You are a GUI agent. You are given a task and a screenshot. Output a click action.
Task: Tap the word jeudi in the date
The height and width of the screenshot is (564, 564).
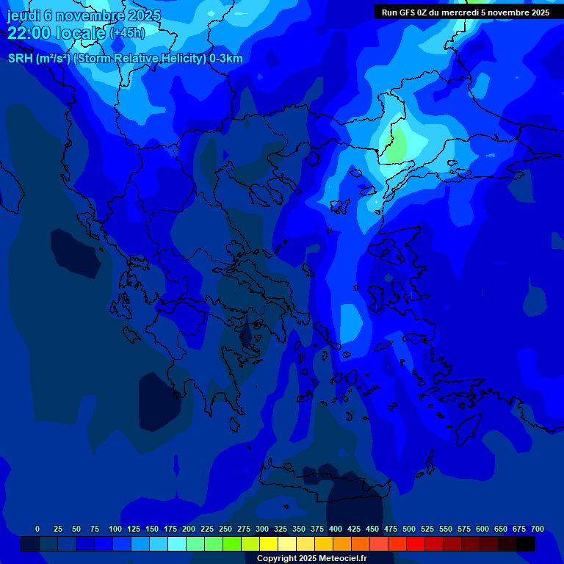point(23,15)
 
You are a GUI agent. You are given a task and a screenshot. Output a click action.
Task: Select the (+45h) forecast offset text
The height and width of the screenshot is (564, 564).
point(127,33)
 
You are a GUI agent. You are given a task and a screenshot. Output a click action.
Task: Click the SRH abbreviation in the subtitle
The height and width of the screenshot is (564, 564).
point(21,59)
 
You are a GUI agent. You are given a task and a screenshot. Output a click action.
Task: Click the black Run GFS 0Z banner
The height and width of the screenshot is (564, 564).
point(466,12)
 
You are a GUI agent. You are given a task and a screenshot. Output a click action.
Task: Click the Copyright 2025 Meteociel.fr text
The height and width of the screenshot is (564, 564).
point(311,558)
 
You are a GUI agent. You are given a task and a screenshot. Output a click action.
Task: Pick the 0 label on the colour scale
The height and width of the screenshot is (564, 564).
point(37,529)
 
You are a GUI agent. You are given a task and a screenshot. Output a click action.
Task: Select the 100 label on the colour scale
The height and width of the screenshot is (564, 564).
point(115,529)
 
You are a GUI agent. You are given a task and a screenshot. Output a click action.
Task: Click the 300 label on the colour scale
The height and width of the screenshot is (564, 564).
point(262,529)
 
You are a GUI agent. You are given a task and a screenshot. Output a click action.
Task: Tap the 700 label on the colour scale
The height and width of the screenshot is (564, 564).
point(538,529)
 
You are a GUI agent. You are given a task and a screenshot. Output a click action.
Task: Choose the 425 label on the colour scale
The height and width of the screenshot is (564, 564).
point(354,529)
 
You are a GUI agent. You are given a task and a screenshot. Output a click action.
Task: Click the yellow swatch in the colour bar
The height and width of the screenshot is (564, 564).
point(269,544)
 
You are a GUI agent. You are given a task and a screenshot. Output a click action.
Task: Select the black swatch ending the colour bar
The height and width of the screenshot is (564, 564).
point(526,544)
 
